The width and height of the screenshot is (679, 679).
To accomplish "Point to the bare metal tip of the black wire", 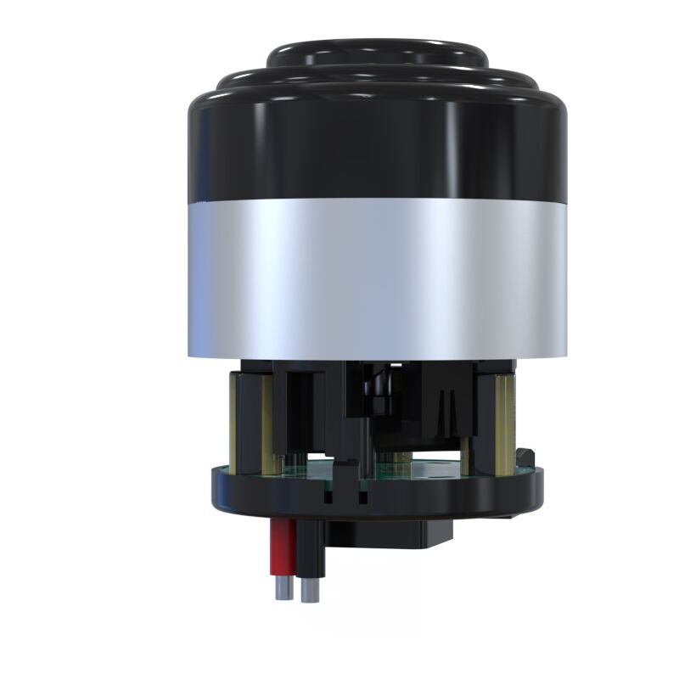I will tap(310, 591).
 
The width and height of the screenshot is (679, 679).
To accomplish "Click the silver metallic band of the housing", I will tap(378, 280).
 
